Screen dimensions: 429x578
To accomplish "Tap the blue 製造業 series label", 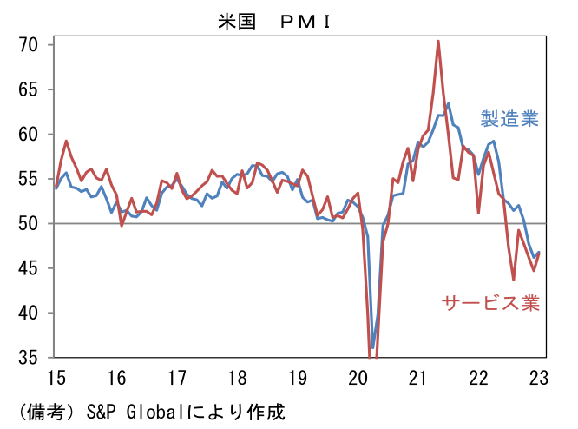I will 509,119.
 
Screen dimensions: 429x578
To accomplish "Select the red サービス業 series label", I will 490,303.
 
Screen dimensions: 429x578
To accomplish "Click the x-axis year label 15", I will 56,378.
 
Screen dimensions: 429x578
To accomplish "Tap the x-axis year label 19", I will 297,378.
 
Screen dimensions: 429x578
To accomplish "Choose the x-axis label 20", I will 357,378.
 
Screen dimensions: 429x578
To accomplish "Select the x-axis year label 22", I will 477,378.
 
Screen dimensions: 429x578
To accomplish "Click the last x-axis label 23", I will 538,378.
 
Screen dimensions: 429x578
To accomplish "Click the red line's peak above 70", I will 438,41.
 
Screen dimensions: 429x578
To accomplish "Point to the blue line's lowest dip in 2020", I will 373,347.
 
